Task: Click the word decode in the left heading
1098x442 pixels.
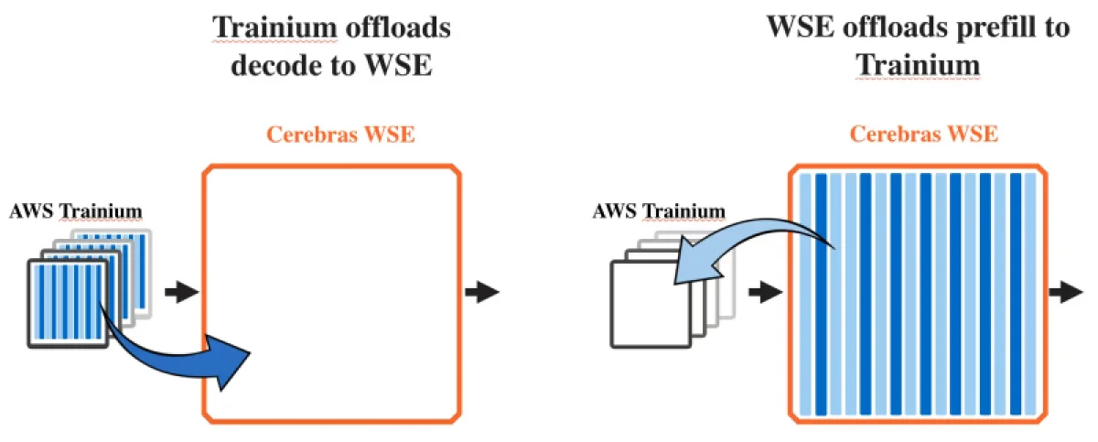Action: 273,66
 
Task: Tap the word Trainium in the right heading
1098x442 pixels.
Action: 918,65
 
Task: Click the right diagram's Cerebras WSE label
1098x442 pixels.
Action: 923,135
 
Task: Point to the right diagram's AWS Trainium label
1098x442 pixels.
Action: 659,212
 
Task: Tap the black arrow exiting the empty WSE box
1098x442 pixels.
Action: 482,293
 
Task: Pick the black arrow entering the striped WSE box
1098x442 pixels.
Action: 765,293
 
